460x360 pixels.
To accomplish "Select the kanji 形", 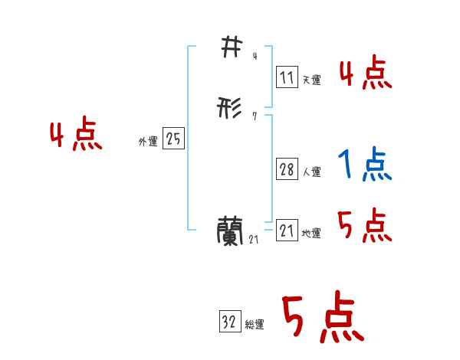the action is (x=230, y=110).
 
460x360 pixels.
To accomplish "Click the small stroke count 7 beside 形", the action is (x=254, y=117).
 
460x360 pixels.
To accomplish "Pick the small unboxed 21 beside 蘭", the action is (x=254, y=240).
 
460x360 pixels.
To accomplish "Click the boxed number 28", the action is (x=287, y=170).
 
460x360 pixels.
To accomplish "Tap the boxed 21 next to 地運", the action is (x=287, y=231).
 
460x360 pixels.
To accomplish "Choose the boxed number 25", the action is (x=174, y=139).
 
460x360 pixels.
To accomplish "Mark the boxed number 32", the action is (x=228, y=322).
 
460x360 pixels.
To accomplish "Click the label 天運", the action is (x=310, y=80).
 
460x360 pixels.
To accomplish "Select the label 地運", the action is (x=311, y=234).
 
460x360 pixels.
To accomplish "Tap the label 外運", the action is (x=148, y=142).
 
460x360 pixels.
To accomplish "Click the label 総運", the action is (x=254, y=326).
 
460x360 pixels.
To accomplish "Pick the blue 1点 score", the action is (x=364, y=165).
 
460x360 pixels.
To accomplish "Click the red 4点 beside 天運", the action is (x=365, y=75).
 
